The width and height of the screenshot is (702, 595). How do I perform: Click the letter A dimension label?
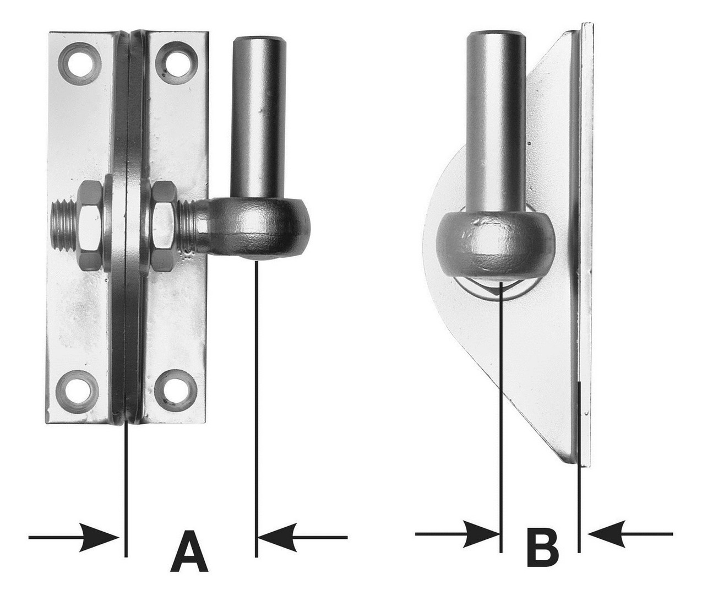[189, 550]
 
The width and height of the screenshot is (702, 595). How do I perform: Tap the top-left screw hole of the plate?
[80, 63]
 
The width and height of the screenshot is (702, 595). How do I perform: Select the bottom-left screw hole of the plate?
[78, 392]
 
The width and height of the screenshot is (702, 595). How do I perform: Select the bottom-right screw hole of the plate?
[176, 392]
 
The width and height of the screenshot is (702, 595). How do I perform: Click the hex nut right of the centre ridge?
[164, 226]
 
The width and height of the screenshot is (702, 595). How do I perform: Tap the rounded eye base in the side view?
[496, 244]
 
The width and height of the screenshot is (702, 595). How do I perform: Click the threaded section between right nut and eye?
[186, 227]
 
